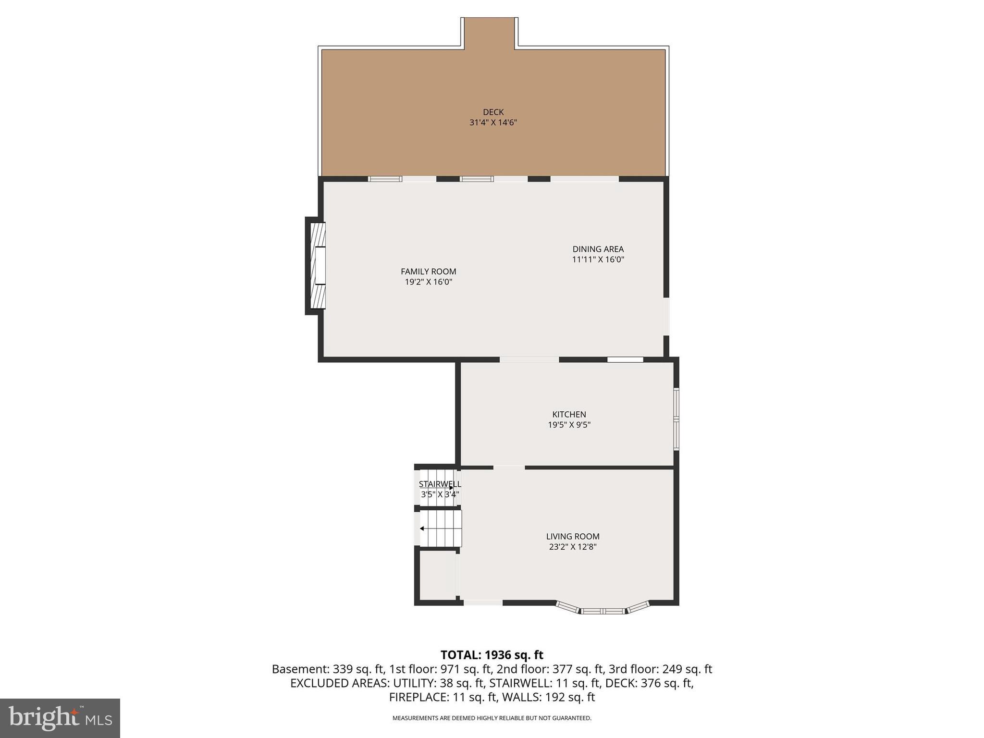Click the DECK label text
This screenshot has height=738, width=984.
pyautogui.click(x=493, y=112)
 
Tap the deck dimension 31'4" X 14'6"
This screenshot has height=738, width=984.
pyautogui.click(x=493, y=123)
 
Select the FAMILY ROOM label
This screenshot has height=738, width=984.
pyautogui.click(x=428, y=271)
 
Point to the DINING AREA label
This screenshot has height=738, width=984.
pyautogui.click(x=598, y=249)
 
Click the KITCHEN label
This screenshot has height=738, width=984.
pyautogui.click(x=569, y=414)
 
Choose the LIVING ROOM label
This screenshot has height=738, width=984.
pyautogui.click(x=572, y=536)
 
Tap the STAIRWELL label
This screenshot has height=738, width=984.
pyautogui.click(x=439, y=484)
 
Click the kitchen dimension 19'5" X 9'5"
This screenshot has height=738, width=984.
pyautogui.click(x=569, y=425)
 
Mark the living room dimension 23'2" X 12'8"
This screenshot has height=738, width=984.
pyautogui.click(x=572, y=547)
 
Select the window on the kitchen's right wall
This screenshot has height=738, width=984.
pyautogui.click(x=676, y=419)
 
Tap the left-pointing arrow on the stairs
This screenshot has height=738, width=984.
pyautogui.click(x=422, y=529)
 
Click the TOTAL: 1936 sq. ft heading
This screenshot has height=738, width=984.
pyautogui.click(x=492, y=655)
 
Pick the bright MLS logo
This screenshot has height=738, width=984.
pyautogui.click(x=60, y=718)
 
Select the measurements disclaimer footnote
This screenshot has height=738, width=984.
pyautogui.click(x=492, y=718)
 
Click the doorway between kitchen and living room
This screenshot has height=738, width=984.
pyautogui.click(x=509, y=467)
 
